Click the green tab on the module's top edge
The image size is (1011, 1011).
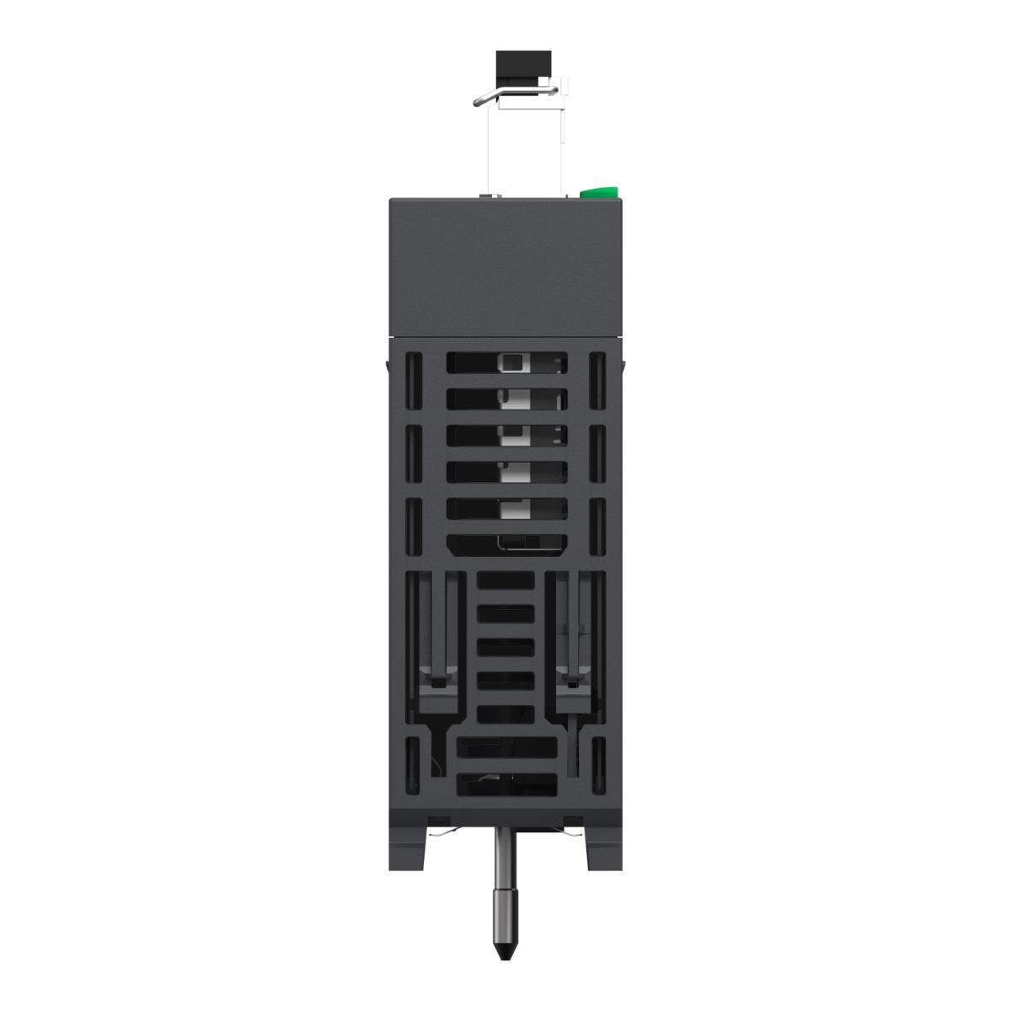pos(600,192)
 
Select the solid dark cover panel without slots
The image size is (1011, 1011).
pos(505,265)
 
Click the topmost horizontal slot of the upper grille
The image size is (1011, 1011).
pos(505,362)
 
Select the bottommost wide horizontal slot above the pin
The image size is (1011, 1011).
pos(506,784)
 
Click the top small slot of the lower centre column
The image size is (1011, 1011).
pos(505,580)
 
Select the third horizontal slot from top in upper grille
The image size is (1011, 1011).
pos(505,435)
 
